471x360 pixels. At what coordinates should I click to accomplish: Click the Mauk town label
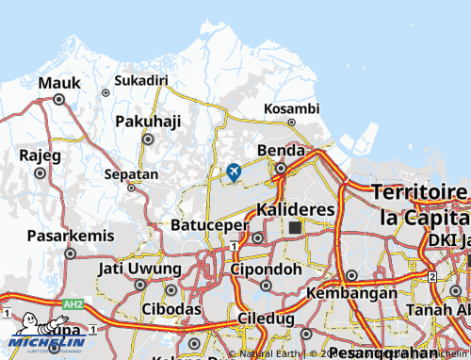[x=59, y=83]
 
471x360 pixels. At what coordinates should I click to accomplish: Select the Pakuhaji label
[x=147, y=122]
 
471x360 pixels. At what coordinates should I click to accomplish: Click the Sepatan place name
[x=131, y=174]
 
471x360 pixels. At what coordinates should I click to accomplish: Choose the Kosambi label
[x=292, y=108]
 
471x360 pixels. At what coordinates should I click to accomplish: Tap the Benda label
[x=281, y=151]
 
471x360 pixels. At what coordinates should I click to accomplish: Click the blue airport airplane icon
[x=234, y=172]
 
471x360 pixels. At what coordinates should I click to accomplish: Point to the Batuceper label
[x=209, y=225]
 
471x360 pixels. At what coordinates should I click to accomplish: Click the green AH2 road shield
[x=73, y=305]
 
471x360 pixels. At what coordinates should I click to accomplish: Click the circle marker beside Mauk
[x=58, y=99]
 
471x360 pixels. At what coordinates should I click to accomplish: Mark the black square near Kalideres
[x=295, y=227]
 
